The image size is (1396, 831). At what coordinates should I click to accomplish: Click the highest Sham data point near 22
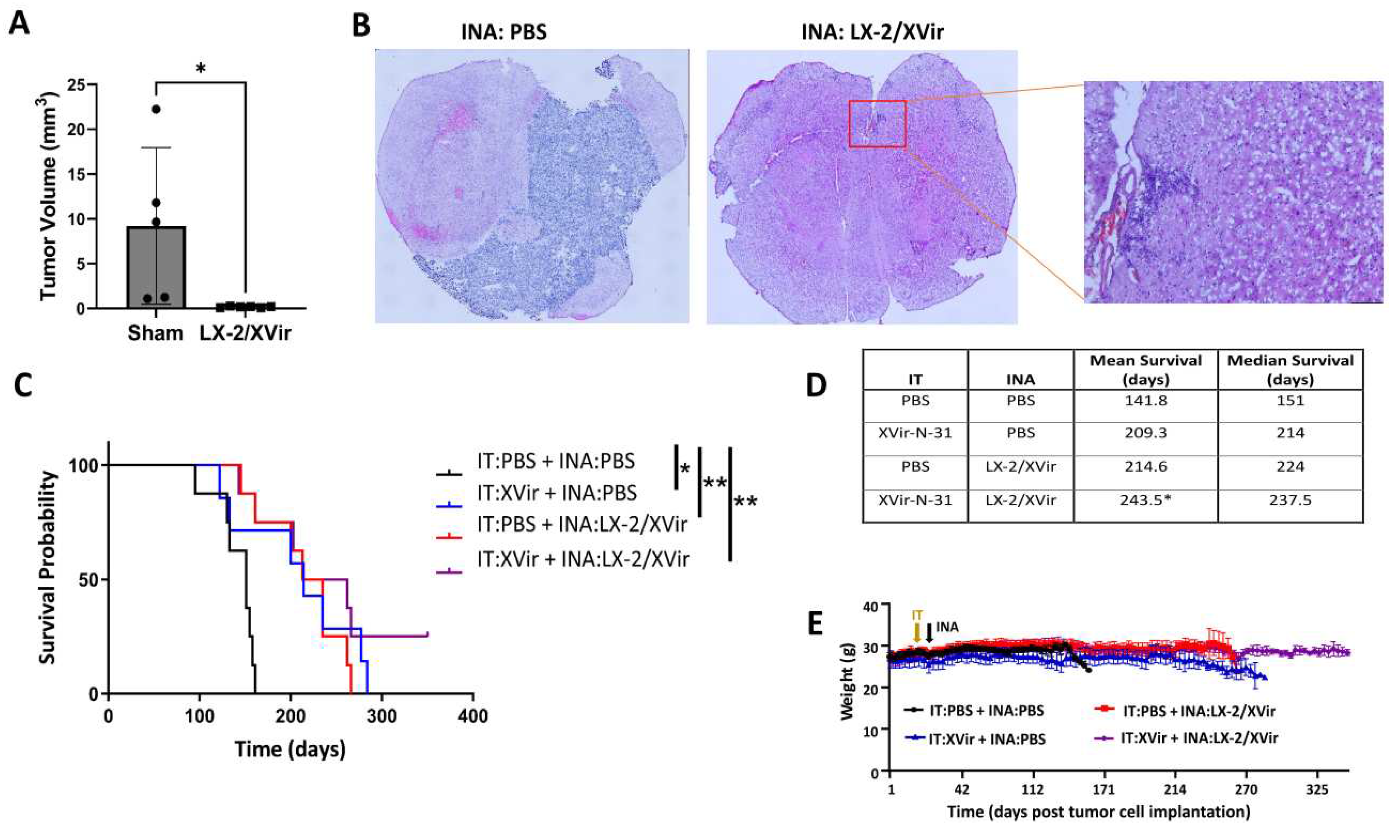click(x=156, y=109)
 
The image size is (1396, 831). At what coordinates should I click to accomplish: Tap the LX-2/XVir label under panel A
click(x=245, y=333)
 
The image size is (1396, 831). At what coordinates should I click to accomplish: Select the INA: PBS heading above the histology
click(x=503, y=32)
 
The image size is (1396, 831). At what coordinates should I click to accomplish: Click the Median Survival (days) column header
click(x=1290, y=370)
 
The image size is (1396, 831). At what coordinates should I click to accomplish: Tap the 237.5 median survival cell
click(x=1290, y=500)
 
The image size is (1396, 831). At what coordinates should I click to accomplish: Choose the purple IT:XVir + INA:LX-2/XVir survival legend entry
click(x=582, y=559)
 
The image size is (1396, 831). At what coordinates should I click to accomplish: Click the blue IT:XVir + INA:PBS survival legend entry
click(x=557, y=493)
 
